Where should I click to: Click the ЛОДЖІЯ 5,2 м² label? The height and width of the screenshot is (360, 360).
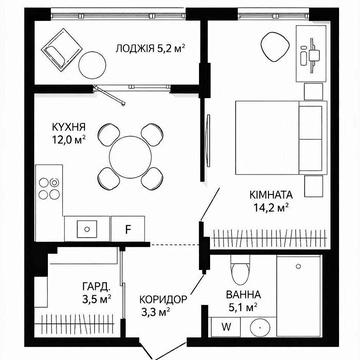pyautogui.click(x=150, y=49)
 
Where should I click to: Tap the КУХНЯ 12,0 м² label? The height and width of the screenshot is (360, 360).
pyautogui.click(x=69, y=133)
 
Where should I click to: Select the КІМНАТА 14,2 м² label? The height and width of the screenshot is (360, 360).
pyautogui.click(x=271, y=201)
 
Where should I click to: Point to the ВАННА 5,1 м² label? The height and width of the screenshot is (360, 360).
pyautogui.click(x=243, y=300)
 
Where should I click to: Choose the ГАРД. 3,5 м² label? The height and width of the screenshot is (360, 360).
pyautogui.click(x=96, y=293)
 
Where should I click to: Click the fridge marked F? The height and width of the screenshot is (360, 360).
pyautogui.click(x=128, y=229)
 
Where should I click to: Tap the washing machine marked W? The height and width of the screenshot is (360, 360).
pyautogui.click(x=226, y=327)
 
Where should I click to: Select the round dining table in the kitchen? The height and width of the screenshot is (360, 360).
pyautogui.click(x=131, y=157)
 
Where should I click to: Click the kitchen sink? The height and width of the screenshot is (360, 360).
pyautogui.click(x=87, y=229)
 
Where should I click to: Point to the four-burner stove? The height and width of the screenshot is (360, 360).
pyautogui.click(x=49, y=188)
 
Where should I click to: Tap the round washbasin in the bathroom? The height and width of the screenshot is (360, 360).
pyautogui.click(x=259, y=328)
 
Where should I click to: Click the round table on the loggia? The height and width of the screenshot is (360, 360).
pyautogui.click(x=93, y=65)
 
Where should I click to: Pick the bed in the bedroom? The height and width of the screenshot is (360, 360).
pyautogui.click(x=281, y=137)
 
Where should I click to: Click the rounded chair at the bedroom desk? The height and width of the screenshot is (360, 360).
pyautogui.click(x=274, y=47)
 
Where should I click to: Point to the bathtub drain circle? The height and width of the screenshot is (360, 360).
pyautogui.click(x=299, y=266)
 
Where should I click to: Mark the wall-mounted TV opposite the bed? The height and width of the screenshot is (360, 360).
pyautogui.click(x=209, y=140)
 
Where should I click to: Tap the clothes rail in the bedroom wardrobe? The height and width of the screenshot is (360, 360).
pyautogui.click(x=269, y=239)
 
